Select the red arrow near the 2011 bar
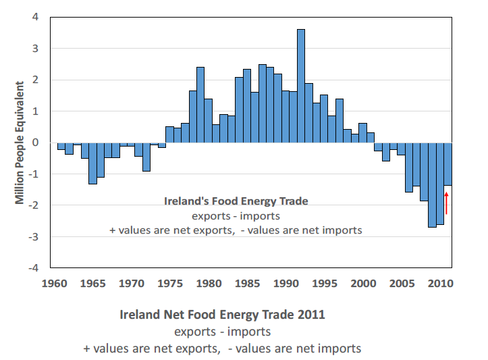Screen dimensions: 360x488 [x=446, y=203]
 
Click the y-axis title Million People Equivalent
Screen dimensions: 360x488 [x=21, y=142]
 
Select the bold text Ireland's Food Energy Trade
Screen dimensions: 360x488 [x=236, y=201]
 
